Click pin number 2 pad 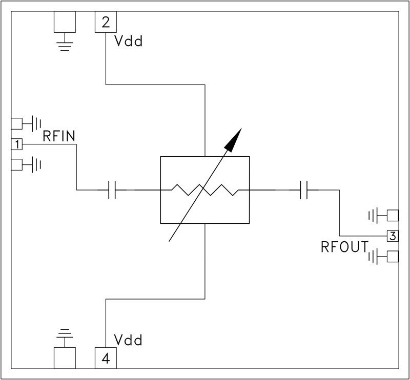106,22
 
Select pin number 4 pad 106,358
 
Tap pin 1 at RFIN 17,145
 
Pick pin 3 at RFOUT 393,236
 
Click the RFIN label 60,136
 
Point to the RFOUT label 344,247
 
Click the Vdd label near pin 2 128,41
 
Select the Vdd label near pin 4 128,340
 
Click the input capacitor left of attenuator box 113,191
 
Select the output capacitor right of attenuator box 303,191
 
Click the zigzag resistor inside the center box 205,191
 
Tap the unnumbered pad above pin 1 17,123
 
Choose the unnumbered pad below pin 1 17,164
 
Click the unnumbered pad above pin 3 393,215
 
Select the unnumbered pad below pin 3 393,256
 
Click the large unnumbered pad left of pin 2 65,22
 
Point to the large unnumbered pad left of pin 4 65,358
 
